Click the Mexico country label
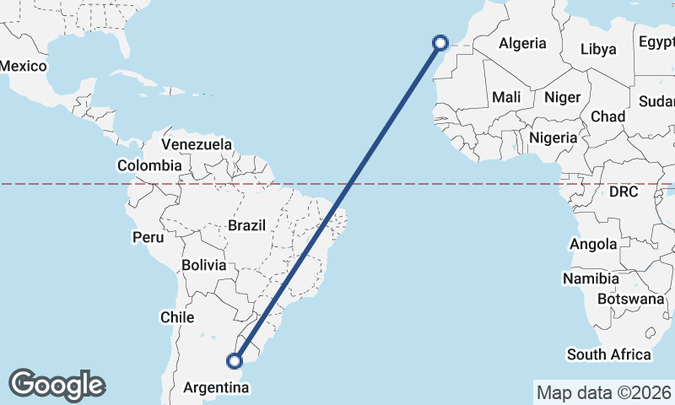23,66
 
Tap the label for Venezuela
197,144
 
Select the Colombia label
149,165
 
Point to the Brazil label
246,225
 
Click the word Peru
148,238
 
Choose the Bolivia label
204,265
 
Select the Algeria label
522,44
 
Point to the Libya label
598,49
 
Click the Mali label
506,97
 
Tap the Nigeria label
553,137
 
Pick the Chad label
607,116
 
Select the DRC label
624,192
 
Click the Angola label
593,245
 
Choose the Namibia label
591,278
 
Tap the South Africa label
609,354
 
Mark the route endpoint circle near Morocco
440,41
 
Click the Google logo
57,385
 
